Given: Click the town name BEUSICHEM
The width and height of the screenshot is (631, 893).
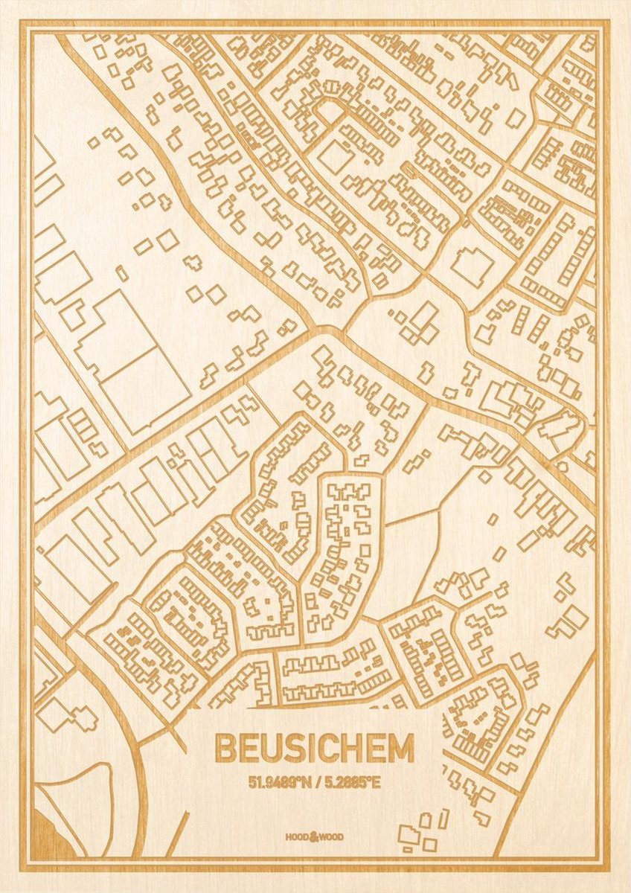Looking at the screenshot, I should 315,748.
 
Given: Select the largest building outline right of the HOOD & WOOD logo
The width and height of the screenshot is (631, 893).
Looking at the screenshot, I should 408,834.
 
